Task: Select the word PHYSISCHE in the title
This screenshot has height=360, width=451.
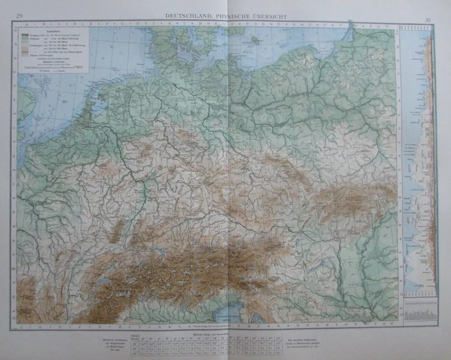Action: point(232,14)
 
